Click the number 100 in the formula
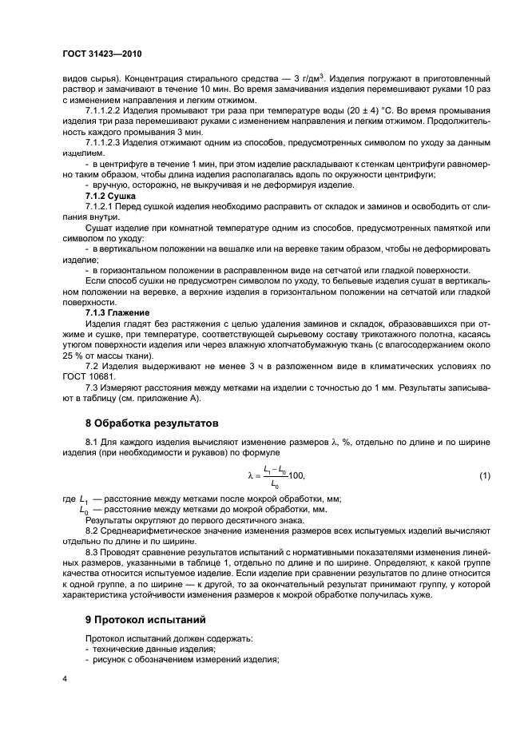[x=295, y=477]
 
